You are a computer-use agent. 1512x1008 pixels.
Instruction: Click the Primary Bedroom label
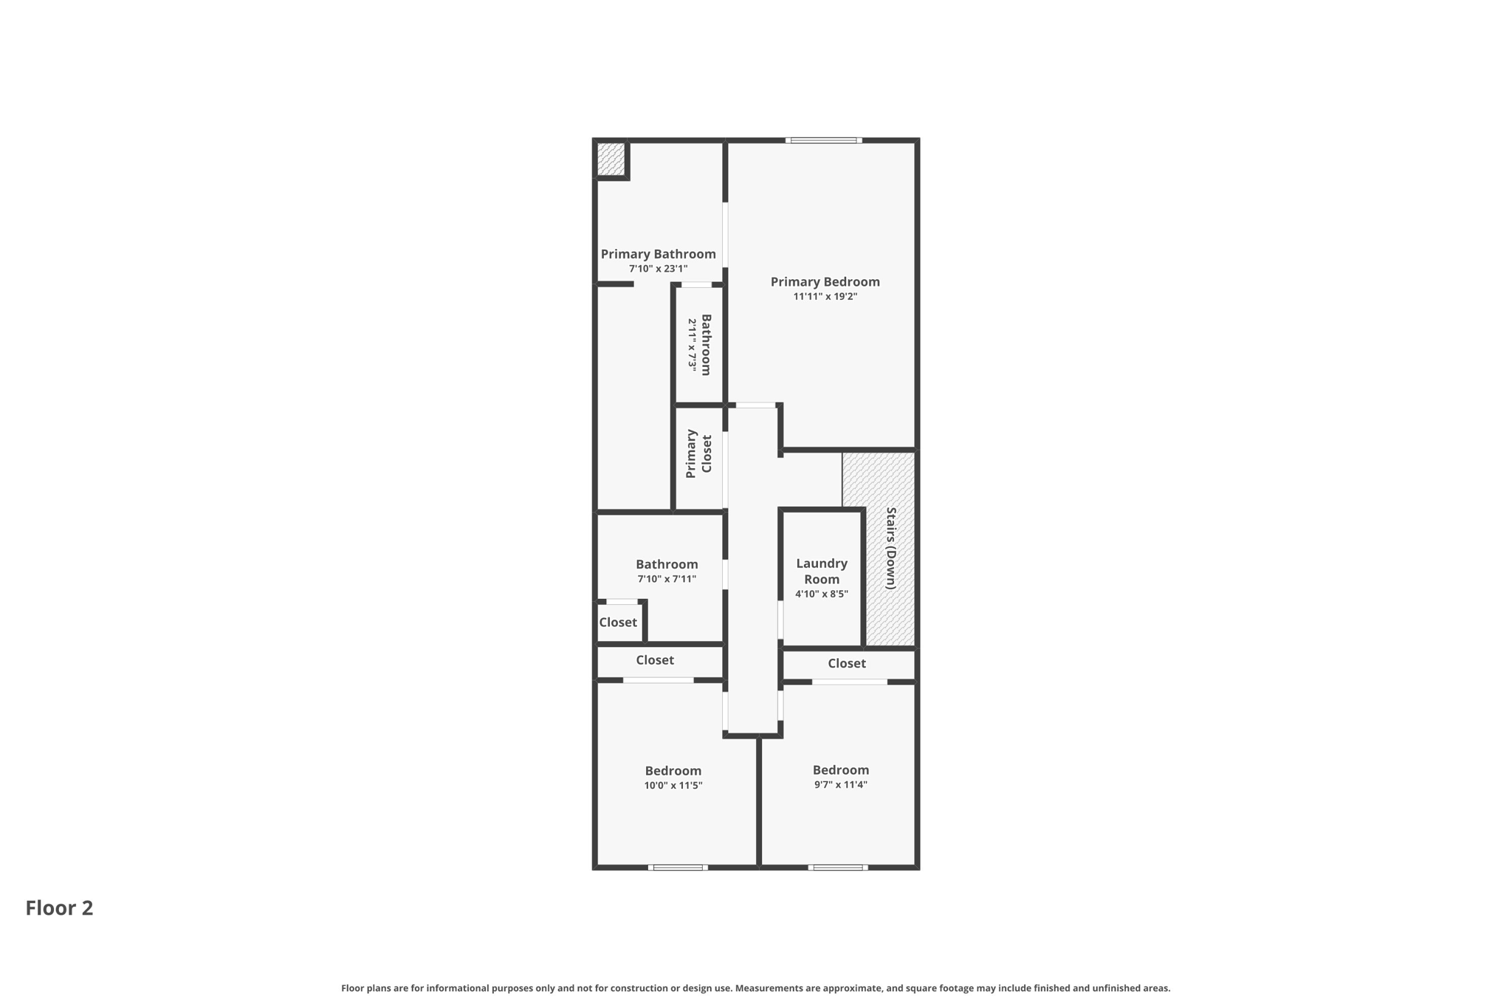pos(825,281)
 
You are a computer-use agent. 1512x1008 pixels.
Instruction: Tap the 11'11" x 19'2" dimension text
pos(825,297)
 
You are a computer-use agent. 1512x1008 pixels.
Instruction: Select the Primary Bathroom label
pos(658,254)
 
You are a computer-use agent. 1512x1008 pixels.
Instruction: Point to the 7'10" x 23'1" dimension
pos(658,269)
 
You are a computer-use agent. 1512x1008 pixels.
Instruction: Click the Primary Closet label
pos(698,454)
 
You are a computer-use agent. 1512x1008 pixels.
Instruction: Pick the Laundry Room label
pos(821,571)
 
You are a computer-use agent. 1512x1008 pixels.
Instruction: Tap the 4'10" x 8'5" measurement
pos(821,594)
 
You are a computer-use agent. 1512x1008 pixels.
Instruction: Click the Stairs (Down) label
pos(890,548)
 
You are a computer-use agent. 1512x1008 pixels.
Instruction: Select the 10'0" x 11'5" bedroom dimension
pos(673,786)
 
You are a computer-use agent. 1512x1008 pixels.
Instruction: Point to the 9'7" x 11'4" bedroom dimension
pos(840,785)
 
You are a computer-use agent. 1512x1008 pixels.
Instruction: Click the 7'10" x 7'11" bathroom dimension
pos(666,580)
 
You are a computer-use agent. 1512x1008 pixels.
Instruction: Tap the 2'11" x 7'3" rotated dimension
pos(692,344)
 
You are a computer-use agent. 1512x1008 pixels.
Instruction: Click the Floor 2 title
pos(59,908)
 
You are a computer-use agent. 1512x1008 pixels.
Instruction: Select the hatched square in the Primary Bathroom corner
pos(611,159)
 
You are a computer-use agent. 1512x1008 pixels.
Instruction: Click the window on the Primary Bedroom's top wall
pos(823,140)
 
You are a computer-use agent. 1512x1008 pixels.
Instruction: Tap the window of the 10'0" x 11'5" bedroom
pos(678,867)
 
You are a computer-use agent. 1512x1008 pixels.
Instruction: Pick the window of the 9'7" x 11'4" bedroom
pos(837,867)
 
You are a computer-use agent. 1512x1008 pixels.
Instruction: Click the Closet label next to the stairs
pos(846,663)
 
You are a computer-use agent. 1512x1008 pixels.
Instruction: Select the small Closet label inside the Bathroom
pos(618,623)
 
